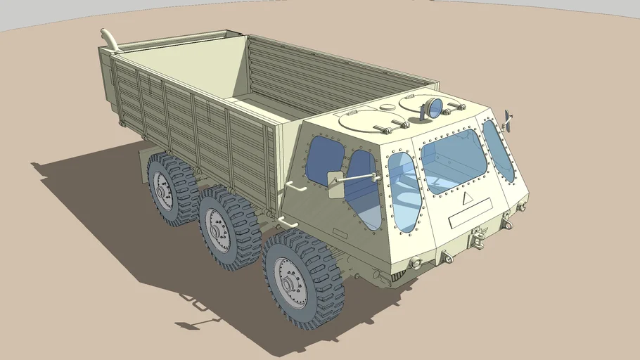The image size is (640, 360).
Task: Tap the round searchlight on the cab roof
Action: [434, 108]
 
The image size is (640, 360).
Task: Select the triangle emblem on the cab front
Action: [466, 198]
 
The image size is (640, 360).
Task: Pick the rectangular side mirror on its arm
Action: [334, 180]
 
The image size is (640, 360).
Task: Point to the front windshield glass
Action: [453, 161]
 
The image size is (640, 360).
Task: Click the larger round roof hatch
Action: [367, 120]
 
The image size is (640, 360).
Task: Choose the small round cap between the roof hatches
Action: [388, 108]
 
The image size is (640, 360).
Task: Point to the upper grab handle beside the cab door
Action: [295, 188]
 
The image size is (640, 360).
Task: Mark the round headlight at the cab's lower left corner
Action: [416, 263]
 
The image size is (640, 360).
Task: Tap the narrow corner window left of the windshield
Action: [404, 192]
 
